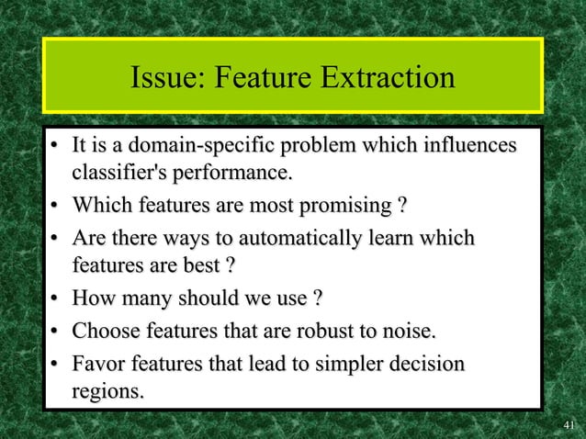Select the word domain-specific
click(x=202, y=146)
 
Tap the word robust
click(x=323, y=331)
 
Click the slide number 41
click(x=569, y=425)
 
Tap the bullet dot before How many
click(x=56, y=299)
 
